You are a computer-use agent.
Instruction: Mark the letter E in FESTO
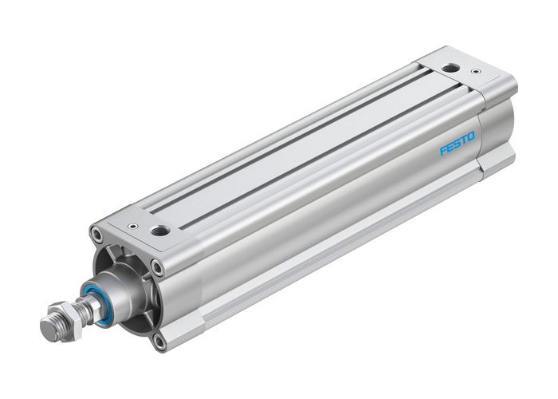pos(450,147)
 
